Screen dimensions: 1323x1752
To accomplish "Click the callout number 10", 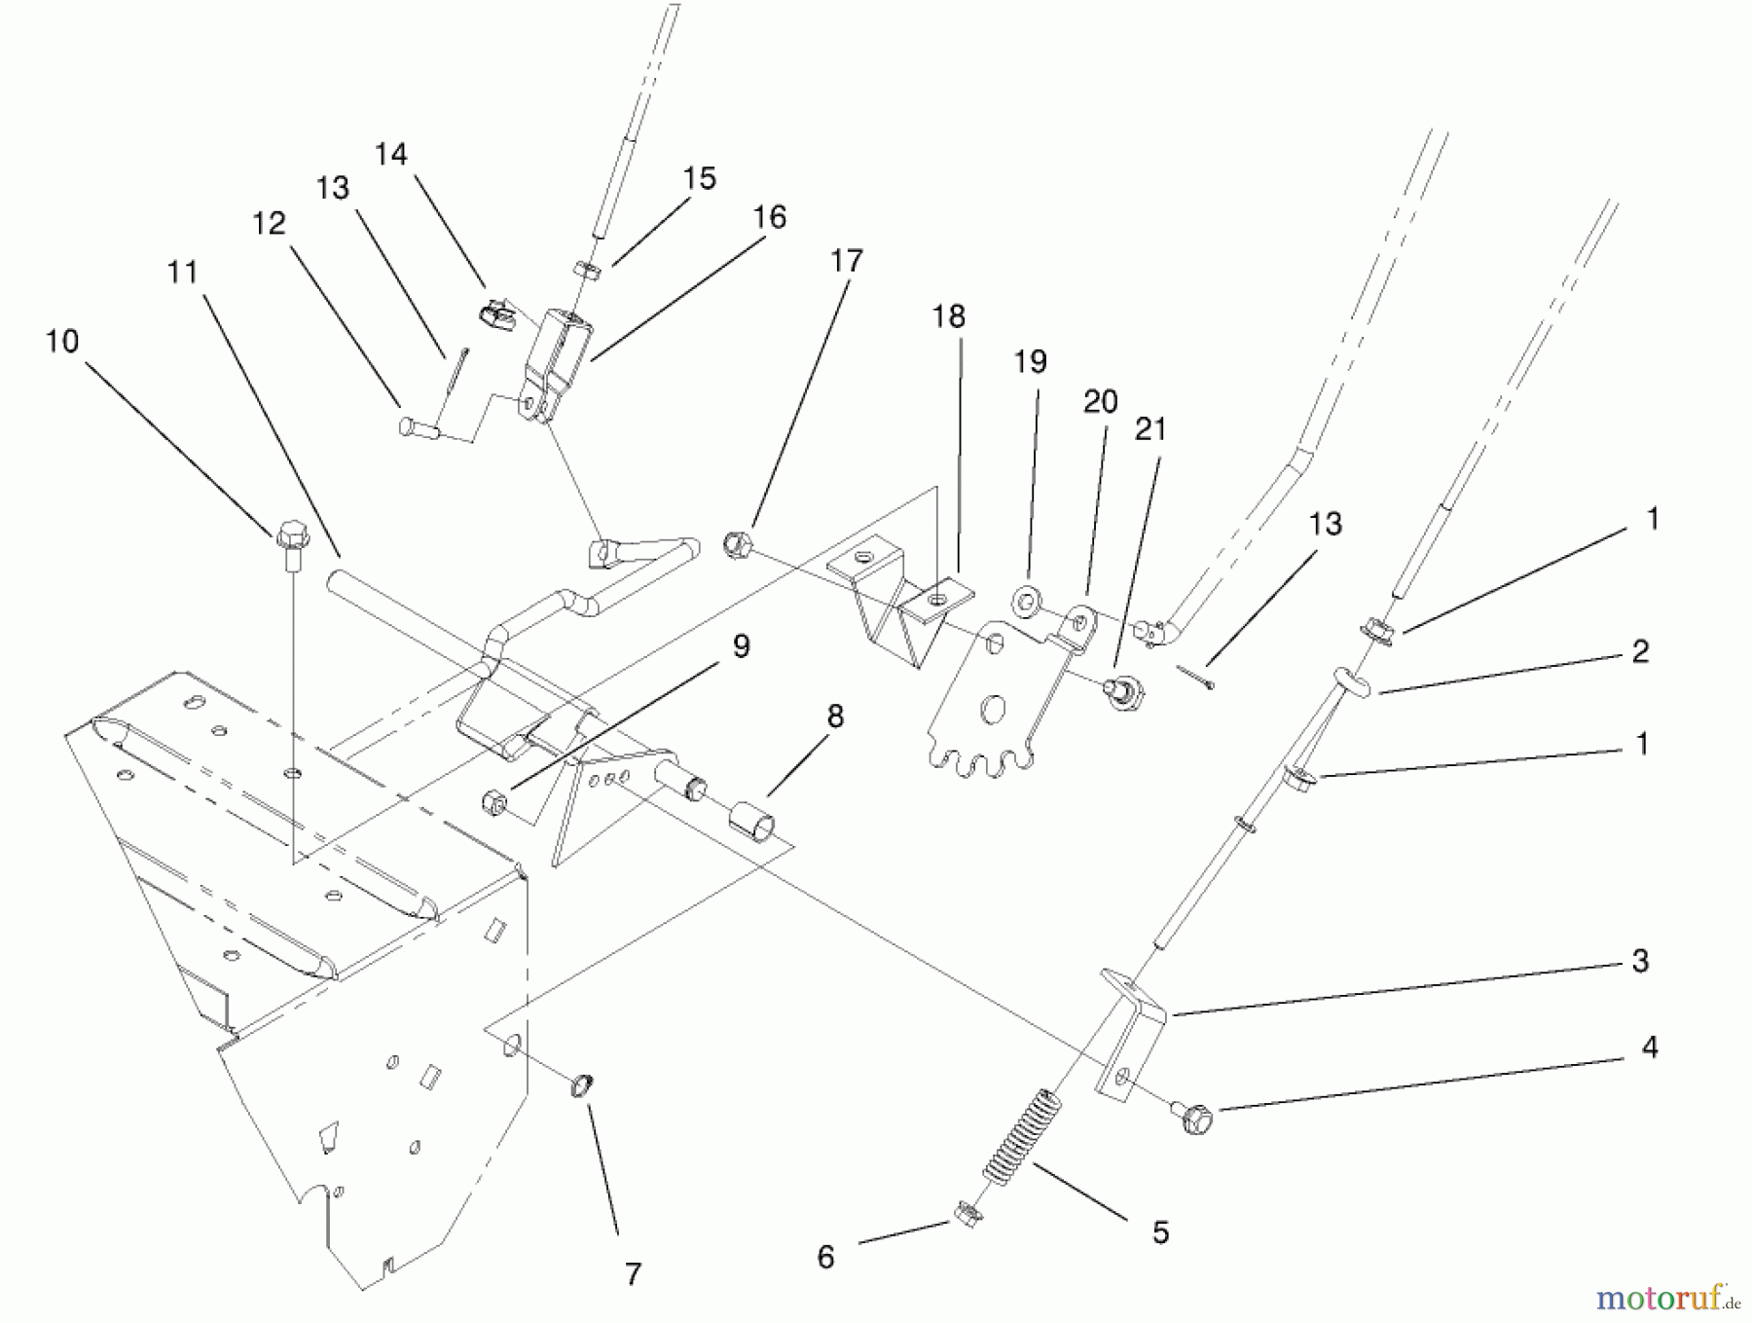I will (x=62, y=342).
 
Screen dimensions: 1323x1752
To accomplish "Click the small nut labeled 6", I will (x=966, y=1214).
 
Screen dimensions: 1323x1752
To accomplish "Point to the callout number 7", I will (x=634, y=1273).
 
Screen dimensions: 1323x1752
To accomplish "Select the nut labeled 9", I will (x=494, y=802).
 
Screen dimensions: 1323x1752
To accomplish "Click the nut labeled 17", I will (x=737, y=543).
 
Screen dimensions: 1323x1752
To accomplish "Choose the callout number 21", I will (x=1150, y=429).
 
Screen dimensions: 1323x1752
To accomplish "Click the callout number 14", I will (x=391, y=154).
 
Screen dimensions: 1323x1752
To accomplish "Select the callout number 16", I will (x=769, y=217).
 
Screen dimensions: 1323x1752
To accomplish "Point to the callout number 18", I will (x=949, y=316).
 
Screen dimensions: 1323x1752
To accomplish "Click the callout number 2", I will (x=1640, y=651).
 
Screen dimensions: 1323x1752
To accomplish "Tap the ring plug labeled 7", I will (x=582, y=1084).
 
